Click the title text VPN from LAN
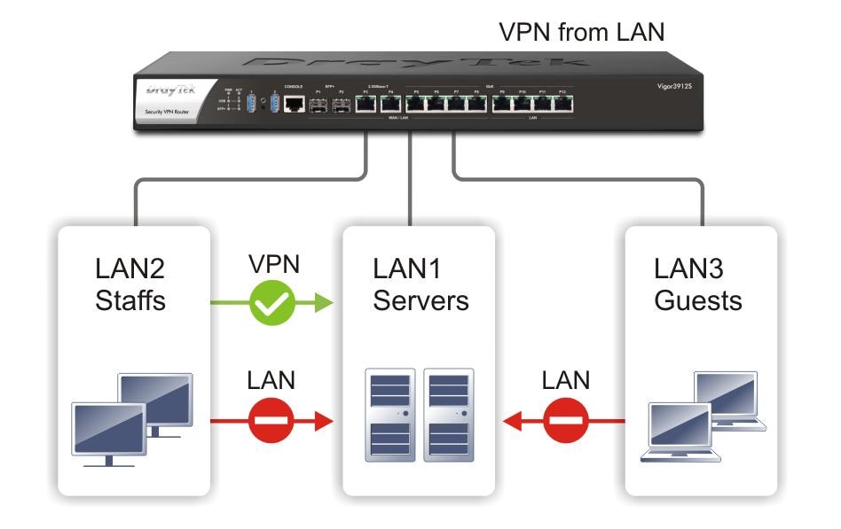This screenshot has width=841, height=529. (x=582, y=32)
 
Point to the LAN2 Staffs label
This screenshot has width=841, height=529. (x=130, y=284)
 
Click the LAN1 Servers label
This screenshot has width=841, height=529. (x=420, y=284)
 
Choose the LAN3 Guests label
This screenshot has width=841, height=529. (x=698, y=284)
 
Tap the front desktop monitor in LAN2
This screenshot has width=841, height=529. (x=108, y=432)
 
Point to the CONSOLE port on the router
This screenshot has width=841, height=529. (x=294, y=104)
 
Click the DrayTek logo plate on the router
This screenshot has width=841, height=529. (x=169, y=97)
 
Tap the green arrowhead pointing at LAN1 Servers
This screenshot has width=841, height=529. (x=324, y=305)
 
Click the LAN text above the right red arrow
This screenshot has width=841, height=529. (x=566, y=380)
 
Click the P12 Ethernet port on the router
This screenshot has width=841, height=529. (x=562, y=104)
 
